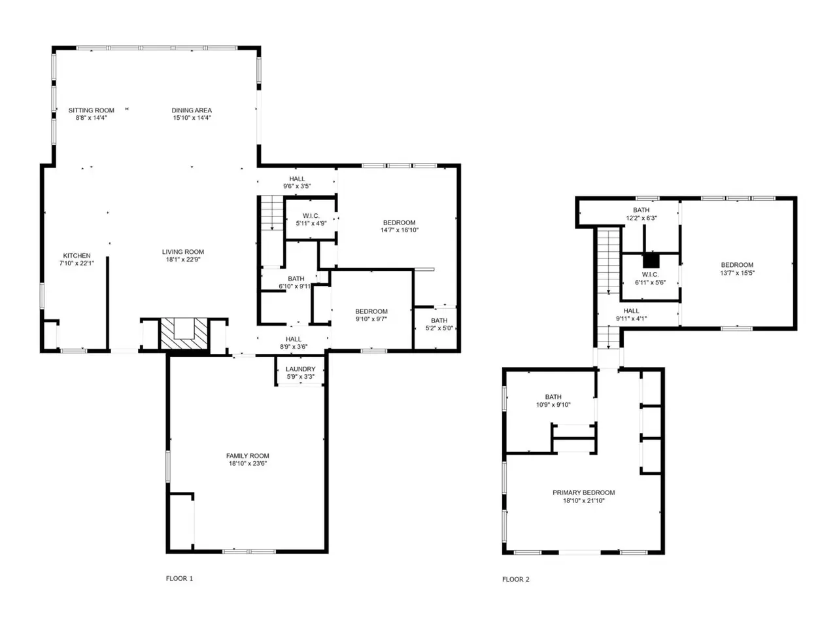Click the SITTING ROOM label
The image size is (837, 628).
coord(91,110)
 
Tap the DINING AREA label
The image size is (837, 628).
coord(192,110)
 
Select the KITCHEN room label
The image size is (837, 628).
coord(77,256)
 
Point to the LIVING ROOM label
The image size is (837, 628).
coord(183,252)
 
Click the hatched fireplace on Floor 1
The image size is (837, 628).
coord(184,333)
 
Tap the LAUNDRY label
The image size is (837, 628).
coord(301,369)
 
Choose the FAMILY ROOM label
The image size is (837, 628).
coord(247,456)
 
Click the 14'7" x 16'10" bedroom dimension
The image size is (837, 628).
coord(400,230)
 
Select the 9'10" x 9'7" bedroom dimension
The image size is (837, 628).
coord(371,319)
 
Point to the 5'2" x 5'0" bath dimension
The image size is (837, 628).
coord(439,328)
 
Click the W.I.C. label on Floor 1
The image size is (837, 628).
coord(311,216)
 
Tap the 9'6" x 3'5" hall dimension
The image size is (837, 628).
coord(297,186)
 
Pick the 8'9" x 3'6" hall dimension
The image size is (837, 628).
coord(293,347)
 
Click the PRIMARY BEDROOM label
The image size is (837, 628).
coord(583,493)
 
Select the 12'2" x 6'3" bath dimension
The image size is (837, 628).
coord(641,218)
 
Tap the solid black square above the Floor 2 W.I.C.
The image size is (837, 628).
coord(651,260)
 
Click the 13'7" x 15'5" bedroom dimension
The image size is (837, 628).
coord(737,273)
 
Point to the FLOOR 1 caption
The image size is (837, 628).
coord(179,578)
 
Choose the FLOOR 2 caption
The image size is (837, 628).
coord(515,579)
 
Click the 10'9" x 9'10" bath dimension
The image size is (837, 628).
coord(553,404)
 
